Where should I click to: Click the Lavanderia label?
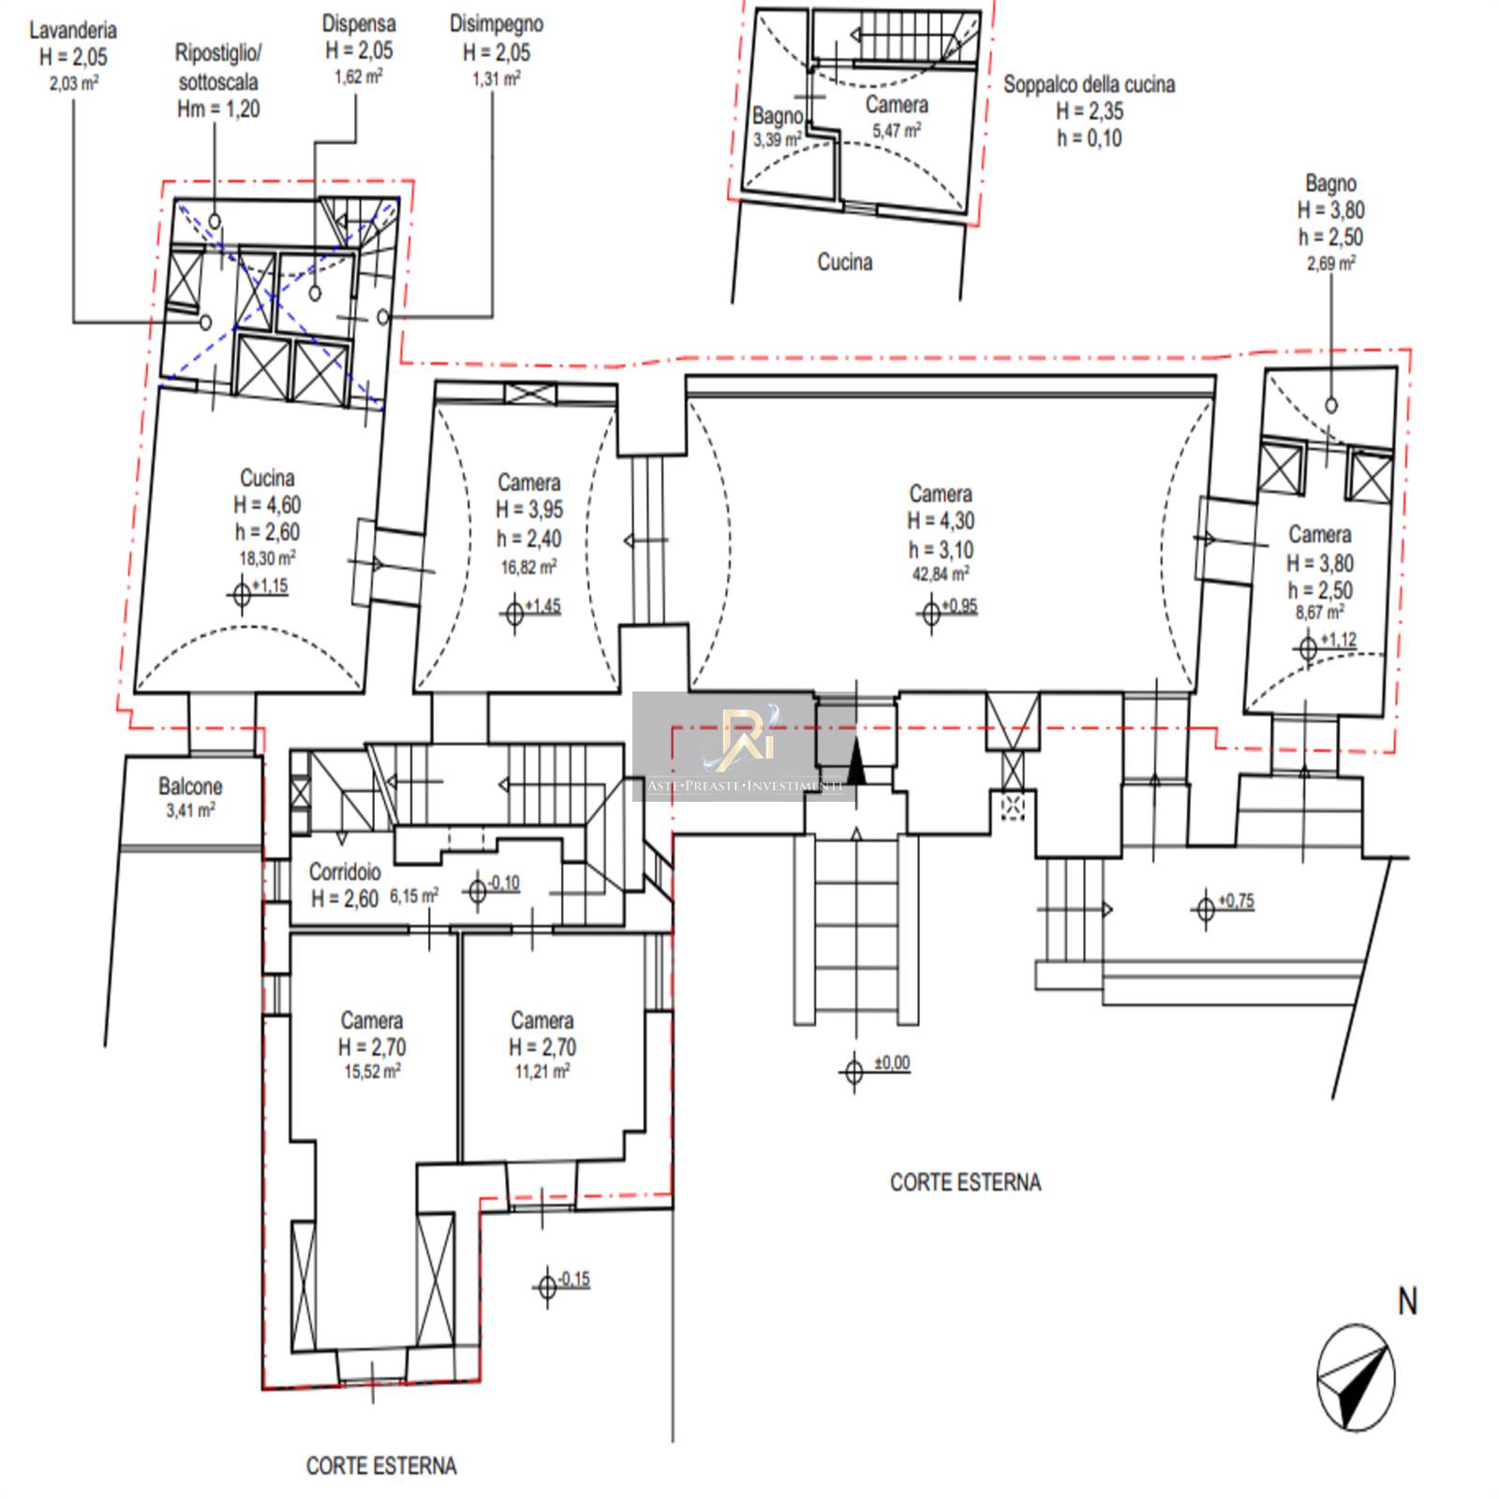tap(73, 30)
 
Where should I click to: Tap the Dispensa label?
tap(359, 23)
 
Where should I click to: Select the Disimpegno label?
tap(496, 23)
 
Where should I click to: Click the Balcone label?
tap(190, 786)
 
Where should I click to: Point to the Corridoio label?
tap(345, 871)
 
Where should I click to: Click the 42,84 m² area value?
tap(941, 573)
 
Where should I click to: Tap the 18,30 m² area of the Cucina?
tap(267, 558)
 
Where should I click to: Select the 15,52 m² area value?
tap(372, 1071)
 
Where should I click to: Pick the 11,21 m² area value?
tap(542, 1071)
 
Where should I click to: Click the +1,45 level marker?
tap(532, 610)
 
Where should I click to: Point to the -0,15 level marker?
tap(564, 1283)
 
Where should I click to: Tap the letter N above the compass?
tap(1407, 1301)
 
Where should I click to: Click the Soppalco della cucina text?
tap(1089, 84)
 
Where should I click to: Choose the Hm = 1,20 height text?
tap(218, 109)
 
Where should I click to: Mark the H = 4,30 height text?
tap(941, 521)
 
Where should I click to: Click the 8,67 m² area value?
tap(1319, 614)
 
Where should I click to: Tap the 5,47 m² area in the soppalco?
tap(897, 131)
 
